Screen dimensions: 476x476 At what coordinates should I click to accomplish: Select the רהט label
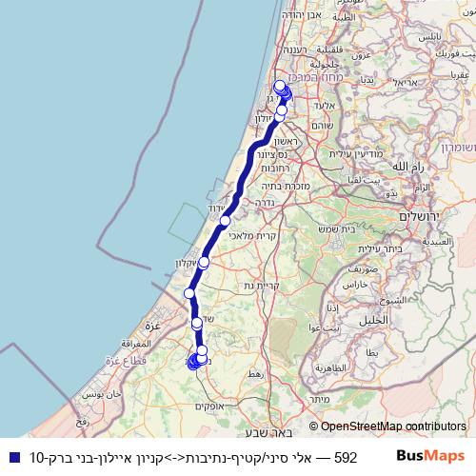pyautogui.click(x=251, y=375)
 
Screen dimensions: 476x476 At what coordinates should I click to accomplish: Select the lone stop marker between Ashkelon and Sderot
pyautogui.click(x=190, y=293)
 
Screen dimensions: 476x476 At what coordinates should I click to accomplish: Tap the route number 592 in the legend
pyautogui.click(x=346, y=457)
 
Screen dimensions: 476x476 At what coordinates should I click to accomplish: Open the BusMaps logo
pyautogui.click(x=430, y=457)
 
